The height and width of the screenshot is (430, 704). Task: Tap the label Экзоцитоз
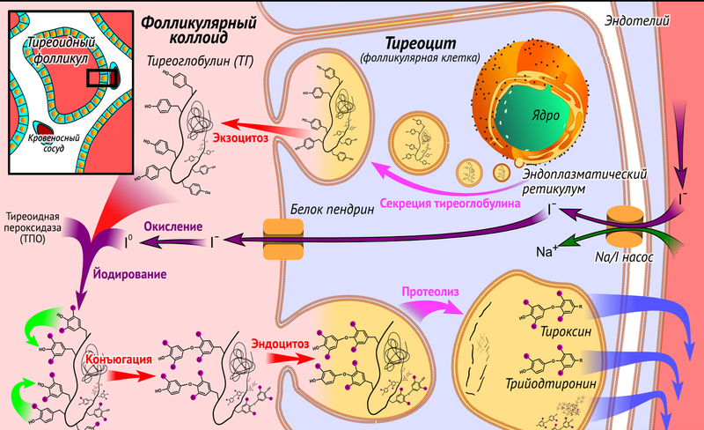point(238,137)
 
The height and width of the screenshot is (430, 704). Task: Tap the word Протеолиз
point(429,292)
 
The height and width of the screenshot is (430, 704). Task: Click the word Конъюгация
point(119,360)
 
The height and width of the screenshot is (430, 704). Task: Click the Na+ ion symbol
point(546,251)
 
